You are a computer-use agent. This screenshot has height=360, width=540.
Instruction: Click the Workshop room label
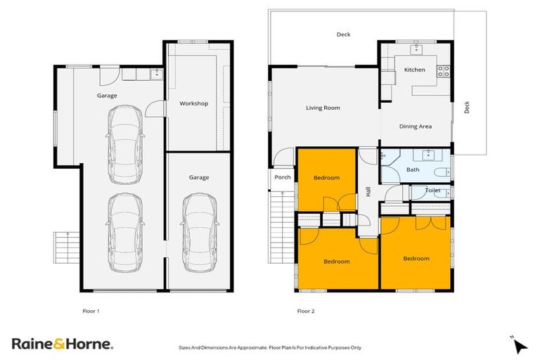(193, 103)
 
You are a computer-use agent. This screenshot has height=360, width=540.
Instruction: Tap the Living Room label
(323, 108)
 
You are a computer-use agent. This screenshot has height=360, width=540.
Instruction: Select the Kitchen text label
(414, 70)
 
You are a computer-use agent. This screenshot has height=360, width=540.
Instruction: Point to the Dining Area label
(415, 126)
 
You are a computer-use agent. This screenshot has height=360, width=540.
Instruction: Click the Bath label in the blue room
(413, 169)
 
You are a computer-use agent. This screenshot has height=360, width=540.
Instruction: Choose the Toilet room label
(432, 190)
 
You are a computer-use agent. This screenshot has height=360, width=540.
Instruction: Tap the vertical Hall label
(368, 191)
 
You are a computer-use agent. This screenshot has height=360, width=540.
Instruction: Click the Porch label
(283, 177)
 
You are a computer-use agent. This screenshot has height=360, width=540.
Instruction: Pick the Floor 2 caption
(306, 310)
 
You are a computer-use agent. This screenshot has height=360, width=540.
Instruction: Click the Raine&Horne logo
(61, 343)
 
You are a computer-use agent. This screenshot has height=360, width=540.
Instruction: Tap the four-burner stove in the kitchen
(444, 70)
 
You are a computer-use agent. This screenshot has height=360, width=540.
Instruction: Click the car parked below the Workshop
(198, 231)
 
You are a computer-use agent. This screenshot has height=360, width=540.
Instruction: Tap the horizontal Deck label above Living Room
(343, 34)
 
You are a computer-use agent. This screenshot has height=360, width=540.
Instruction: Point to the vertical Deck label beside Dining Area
(466, 107)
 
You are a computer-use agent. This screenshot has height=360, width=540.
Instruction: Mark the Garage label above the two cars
(107, 95)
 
